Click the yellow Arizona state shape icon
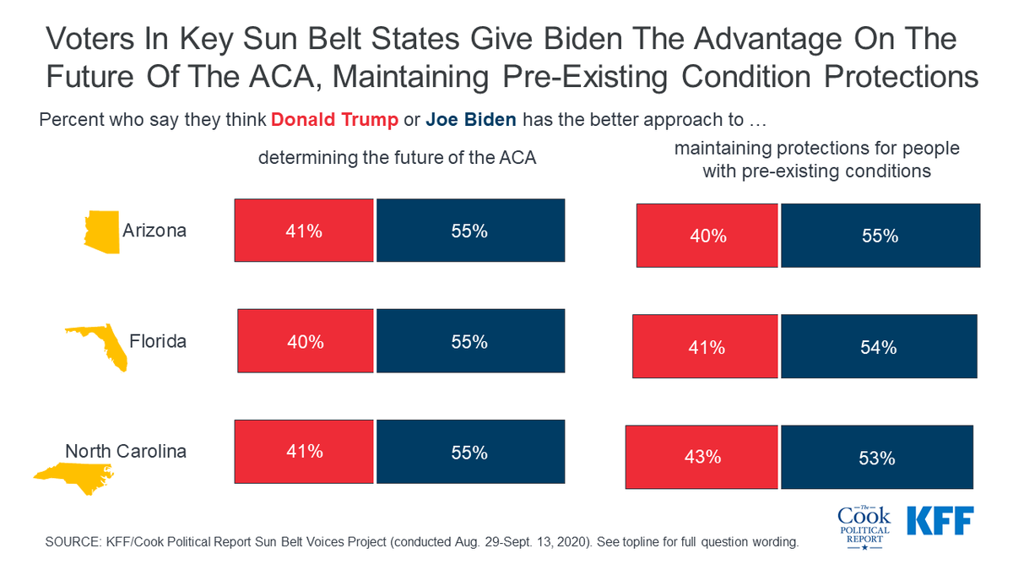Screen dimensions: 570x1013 tap(101, 231)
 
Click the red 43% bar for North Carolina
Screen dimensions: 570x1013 tap(702, 457)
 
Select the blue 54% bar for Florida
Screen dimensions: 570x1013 tap(879, 346)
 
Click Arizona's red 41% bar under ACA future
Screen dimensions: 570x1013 tap(304, 231)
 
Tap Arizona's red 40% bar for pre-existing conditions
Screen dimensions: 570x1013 tap(707, 236)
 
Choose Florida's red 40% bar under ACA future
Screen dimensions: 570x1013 tap(306, 341)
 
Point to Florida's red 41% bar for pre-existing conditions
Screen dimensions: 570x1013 tap(706, 346)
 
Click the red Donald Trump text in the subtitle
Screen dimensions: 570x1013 tap(335, 119)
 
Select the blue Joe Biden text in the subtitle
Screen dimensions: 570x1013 tap(470, 119)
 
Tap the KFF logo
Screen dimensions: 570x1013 tap(940, 520)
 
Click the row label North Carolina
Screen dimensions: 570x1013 tap(126, 451)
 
